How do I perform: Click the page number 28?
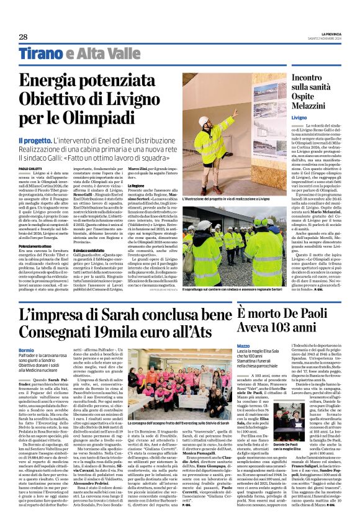coord(23,37)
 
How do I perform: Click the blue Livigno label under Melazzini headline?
coord(281,117)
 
